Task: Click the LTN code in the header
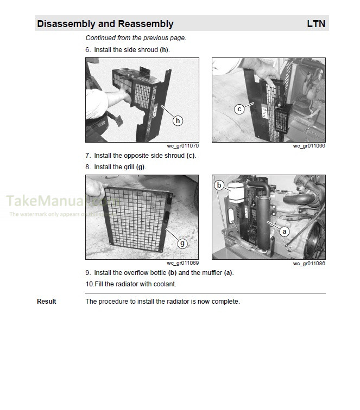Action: [x=316, y=24]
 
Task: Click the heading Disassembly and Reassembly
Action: [x=105, y=24]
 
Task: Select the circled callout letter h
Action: [x=178, y=120]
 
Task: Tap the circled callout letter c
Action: [x=239, y=109]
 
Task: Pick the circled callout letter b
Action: [x=219, y=185]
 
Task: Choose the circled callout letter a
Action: [x=283, y=231]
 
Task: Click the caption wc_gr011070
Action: [x=182, y=146]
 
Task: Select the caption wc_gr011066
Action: [x=309, y=146]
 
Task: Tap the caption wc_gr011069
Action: [x=182, y=263]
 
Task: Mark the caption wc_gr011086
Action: [x=309, y=263]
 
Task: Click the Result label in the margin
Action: [x=46, y=302]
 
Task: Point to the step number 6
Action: [x=87, y=50]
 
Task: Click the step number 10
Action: [x=89, y=284]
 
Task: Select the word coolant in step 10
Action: [x=165, y=284]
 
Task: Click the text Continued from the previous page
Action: [x=136, y=38]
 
